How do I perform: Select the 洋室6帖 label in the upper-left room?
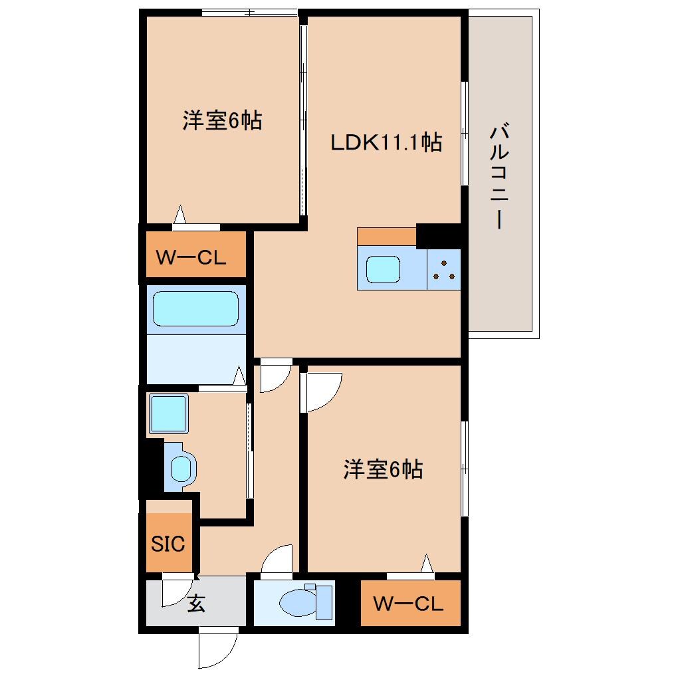point(222,121)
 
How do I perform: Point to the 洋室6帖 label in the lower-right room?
point(383,470)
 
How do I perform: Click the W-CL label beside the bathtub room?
point(191,257)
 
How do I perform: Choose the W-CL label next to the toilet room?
point(407,604)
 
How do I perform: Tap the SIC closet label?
point(168,544)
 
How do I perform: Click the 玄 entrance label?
point(195,604)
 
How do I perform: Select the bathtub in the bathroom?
point(195,309)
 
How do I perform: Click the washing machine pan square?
point(168,413)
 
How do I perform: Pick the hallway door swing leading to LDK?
point(274,376)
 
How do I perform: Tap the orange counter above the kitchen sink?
point(386,236)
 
